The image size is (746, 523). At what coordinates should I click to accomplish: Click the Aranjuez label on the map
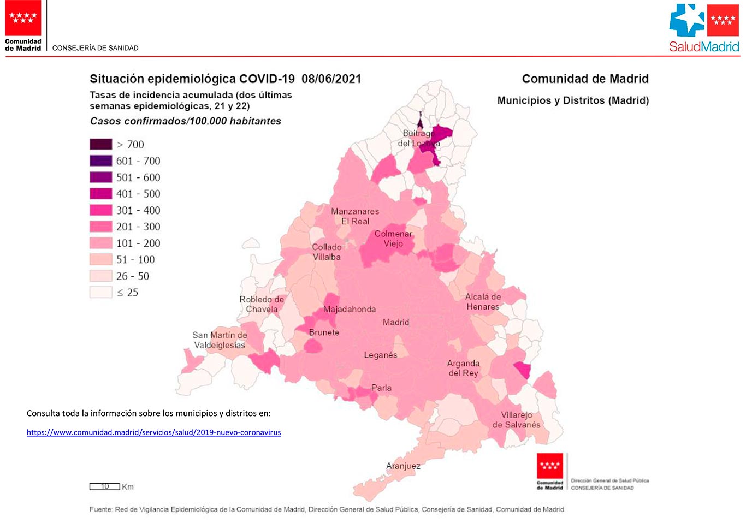(x=403, y=466)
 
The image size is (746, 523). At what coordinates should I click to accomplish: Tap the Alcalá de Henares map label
(x=483, y=301)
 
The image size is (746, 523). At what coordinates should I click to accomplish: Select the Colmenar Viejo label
(x=393, y=239)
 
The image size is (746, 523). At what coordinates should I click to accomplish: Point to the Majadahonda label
(x=350, y=309)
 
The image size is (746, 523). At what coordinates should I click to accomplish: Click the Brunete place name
(x=324, y=332)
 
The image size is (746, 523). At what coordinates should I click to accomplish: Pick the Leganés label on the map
(x=381, y=355)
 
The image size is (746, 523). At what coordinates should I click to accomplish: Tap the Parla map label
(x=381, y=388)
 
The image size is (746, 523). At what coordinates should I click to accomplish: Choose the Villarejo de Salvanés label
(x=517, y=420)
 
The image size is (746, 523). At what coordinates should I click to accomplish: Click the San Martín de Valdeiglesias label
(x=220, y=340)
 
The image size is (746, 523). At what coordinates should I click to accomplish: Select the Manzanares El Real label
(x=355, y=216)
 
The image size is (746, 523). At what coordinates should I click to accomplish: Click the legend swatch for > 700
(x=100, y=144)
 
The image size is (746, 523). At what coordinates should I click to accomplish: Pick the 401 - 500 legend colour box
(x=100, y=193)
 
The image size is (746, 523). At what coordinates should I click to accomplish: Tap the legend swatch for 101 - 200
(x=100, y=243)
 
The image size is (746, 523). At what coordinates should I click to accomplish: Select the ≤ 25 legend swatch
(x=100, y=292)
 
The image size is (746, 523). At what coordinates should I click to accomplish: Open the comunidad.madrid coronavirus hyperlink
(x=153, y=432)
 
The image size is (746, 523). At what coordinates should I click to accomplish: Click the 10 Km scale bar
(x=105, y=486)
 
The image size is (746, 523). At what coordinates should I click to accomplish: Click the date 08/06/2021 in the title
(x=331, y=79)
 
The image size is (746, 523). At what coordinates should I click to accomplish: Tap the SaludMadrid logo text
(x=704, y=47)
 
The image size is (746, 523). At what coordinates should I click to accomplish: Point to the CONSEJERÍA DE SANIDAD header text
(x=95, y=48)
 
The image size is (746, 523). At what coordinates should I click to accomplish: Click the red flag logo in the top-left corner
(x=23, y=18)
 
